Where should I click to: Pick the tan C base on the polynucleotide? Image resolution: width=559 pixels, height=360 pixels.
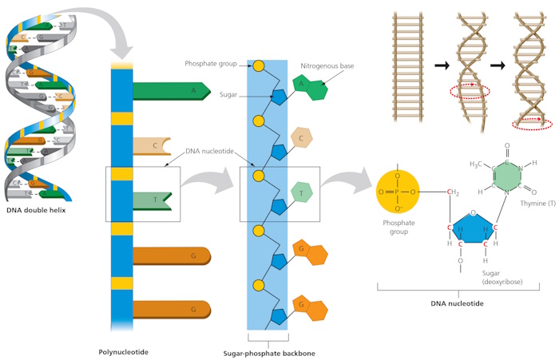(152, 146)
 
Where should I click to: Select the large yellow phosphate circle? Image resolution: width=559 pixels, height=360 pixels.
(398, 193)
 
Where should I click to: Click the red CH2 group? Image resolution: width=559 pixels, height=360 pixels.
(453, 192)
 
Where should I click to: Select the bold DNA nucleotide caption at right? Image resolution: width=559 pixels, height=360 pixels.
(457, 305)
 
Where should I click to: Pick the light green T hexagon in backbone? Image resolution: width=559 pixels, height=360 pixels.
(301, 192)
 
